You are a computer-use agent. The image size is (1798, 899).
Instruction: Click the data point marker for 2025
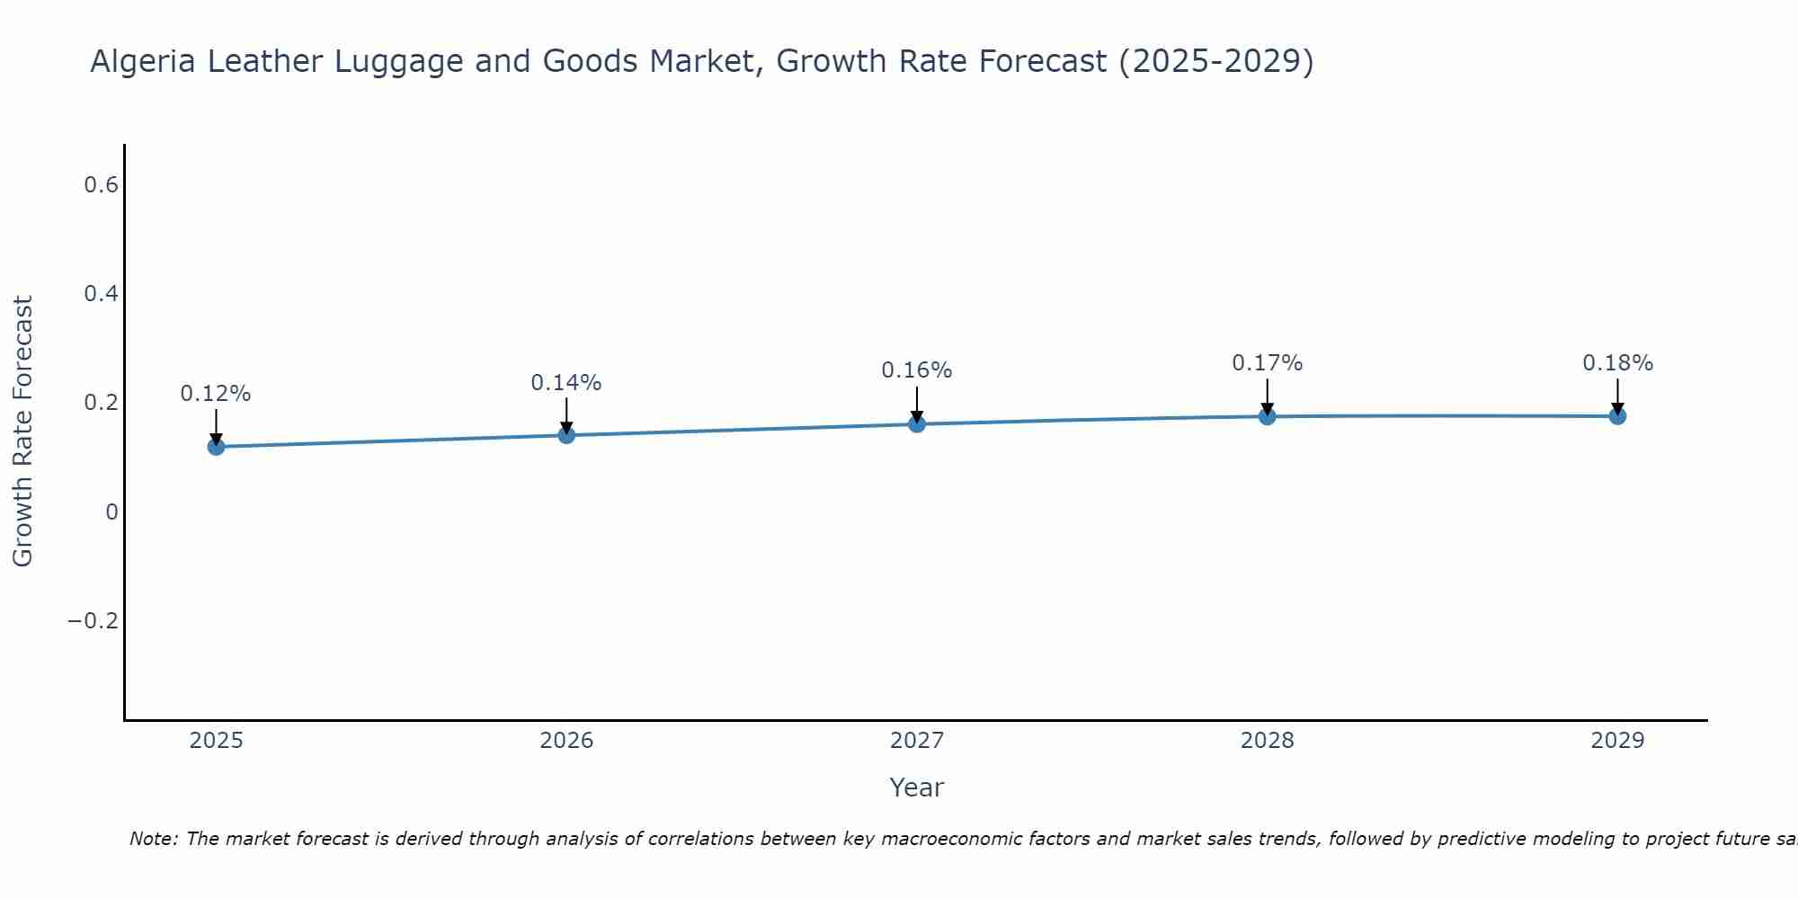tap(216, 446)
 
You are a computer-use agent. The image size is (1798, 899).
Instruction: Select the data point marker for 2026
tap(566, 435)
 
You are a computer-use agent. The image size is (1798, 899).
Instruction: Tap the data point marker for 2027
tap(917, 423)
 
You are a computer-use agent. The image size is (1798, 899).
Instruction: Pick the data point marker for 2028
tap(1267, 416)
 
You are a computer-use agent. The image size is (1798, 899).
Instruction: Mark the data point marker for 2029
tap(1617, 415)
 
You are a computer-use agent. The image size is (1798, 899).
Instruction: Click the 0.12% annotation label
tap(216, 394)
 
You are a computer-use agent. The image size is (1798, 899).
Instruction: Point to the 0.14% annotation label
tap(566, 383)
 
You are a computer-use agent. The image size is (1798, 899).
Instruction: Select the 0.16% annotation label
tap(917, 370)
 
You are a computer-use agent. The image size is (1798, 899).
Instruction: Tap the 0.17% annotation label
tap(1267, 363)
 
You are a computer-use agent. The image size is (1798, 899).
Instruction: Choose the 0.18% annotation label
tap(1617, 363)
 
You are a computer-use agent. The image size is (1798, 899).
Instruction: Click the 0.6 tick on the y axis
tap(101, 185)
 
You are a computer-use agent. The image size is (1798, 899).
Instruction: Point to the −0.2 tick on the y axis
tap(93, 621)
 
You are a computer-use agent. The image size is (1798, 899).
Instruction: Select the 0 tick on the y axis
tap(111, 512)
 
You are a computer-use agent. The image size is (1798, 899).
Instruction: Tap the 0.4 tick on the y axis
tap(101, 294)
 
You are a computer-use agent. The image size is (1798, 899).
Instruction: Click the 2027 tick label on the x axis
tap(917, 741)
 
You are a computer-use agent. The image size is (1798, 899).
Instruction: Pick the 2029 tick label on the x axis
tap(1617, 741)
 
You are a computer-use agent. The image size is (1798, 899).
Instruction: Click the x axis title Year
tap(917, 788)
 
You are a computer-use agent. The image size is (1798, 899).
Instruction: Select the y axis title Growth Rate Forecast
tap(23, 432)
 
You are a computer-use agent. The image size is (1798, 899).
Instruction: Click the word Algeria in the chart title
tap(143, 62)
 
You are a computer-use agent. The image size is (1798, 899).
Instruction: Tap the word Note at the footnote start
tap(152, 839)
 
